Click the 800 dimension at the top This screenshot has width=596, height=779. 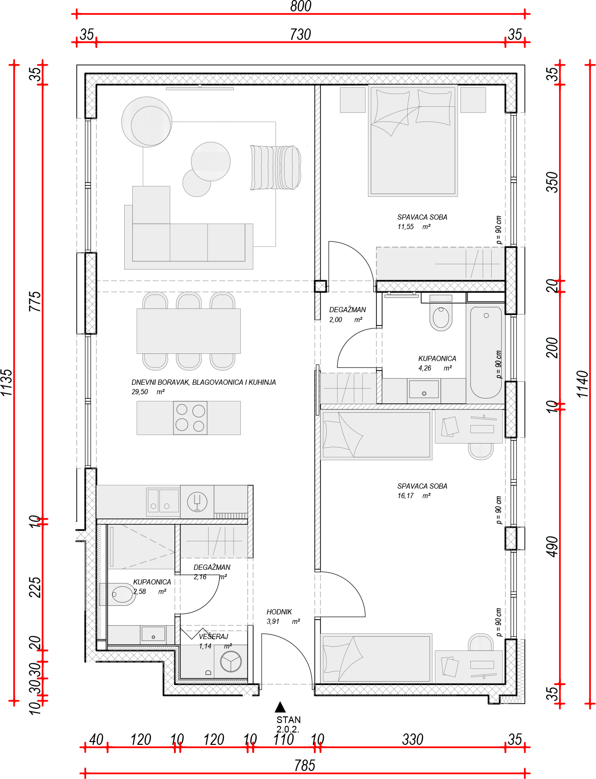[301, 6]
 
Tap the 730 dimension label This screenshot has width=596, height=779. [300, 35]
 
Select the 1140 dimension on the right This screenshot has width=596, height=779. [583, 384]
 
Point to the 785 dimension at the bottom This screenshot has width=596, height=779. [304, 765]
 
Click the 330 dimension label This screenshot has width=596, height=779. [413, 739]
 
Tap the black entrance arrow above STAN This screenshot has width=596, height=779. [280, 707]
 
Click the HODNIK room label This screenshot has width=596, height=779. [279, 612]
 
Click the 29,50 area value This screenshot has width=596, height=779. [140, 392]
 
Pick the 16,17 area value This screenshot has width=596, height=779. [405, 496]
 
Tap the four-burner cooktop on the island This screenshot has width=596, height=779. [190, 417]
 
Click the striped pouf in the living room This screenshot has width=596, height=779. [275, 167]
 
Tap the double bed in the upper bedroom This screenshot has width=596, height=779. [413, 140]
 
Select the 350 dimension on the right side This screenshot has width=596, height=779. [553, 182]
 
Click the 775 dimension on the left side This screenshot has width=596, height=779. [35, 301]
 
